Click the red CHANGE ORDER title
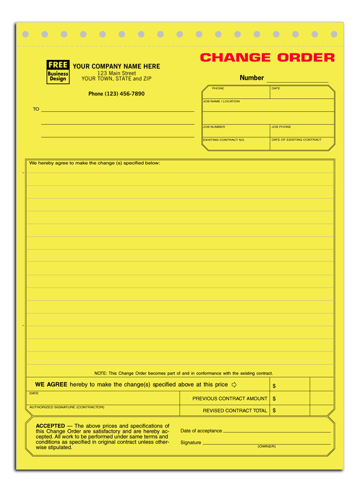(267, 58)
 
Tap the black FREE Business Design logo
(58, 72)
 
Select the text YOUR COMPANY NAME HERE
(116, 66)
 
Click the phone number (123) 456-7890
(116, 94)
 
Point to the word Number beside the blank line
(251, 78)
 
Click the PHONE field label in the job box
(218, 88)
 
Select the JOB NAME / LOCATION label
(221, 101)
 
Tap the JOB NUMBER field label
(214, 127)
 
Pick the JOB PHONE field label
(281, 127)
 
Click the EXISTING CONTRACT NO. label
(224, 140)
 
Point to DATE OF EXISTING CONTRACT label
(296, 140)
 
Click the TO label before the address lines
(36, 109)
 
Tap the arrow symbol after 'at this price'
(234, 385)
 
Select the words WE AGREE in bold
(51, 385)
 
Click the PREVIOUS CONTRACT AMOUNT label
(230, 398)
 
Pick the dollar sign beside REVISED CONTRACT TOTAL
(274, 411)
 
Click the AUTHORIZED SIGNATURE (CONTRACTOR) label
(67, 407)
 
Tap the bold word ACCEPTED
(50, 426)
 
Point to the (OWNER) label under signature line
(266, 446)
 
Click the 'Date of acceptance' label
(201, 430)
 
